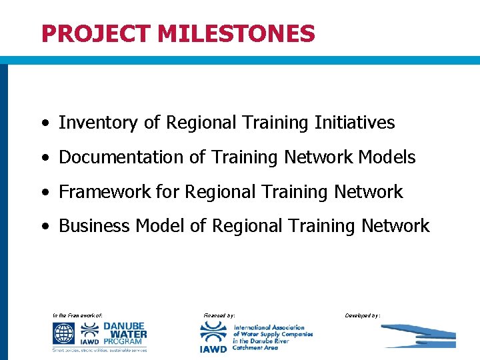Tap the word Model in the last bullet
[x=160, y=226]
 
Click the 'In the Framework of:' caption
[x=77, y=315]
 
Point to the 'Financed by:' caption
[x=219, y=315]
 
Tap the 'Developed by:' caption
[x=363, y=315]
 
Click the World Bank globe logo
[x=65, y=333]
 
